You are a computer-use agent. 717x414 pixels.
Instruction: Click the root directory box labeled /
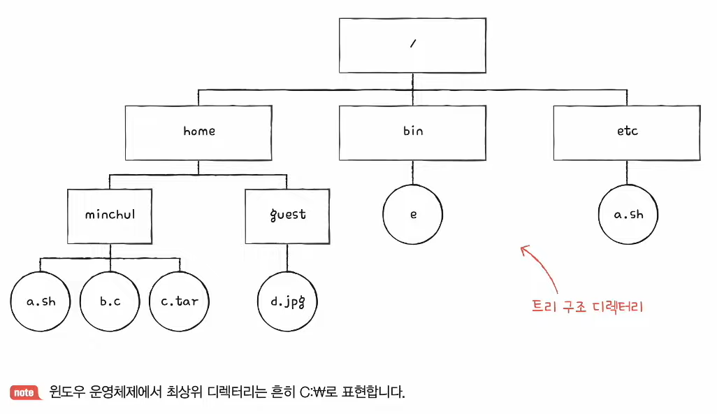[x=412, y=45]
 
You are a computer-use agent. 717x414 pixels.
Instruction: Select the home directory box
[x=199, y=131]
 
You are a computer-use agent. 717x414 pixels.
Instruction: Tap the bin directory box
[x=412, y=131]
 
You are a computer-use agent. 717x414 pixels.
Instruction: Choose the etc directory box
[x=627, y=131]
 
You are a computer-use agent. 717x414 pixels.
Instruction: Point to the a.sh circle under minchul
[x=41, y=302]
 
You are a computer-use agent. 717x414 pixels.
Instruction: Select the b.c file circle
[x=110, y=302]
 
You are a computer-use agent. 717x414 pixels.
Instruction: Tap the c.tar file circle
[x=180, y=302]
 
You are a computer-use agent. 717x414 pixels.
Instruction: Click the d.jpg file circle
[x=287, y=302]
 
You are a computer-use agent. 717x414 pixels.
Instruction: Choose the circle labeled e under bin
[x=413, y=215]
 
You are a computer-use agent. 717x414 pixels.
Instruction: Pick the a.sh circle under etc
[x=628, y=215]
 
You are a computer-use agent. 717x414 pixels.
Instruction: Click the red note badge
[x=24, y=392]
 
